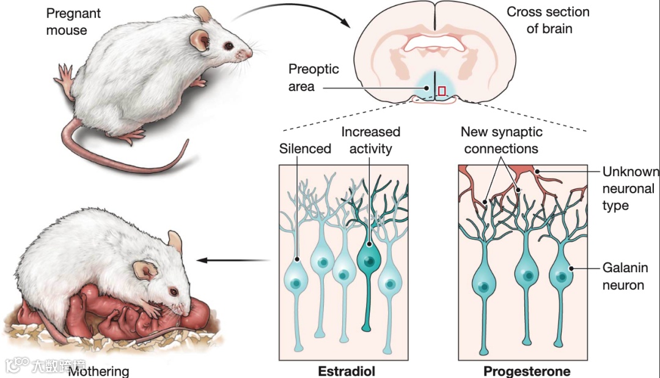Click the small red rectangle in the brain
(x=442, y=91)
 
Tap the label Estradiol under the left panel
(x=346, y=371)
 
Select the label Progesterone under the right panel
(x=527, y=371)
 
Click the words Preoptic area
(x=313, y=78)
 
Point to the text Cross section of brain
(x=549, y=20)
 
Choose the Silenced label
(x=305, y=148)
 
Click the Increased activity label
(x=370, y=140)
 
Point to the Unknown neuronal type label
(x=629, y=188)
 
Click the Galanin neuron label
(x=625, y=276)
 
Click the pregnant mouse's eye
(x=227, y=46)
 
